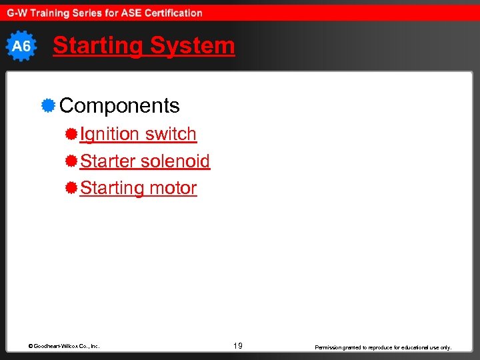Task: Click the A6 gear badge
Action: click(x=21, y=46)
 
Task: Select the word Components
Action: click(x=119, y=105)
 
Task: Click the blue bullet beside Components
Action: click(x=47, y=105)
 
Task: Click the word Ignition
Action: click(x=110, y=134)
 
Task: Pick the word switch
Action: click(x=171, y=134)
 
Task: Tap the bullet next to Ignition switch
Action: click(x=71, y=134)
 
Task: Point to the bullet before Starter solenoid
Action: click(x=71, y=161)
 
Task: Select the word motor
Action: click(x=173, y=188)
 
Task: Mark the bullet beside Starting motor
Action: click(x=71, y=188)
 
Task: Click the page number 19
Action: click(x=238, y=346)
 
